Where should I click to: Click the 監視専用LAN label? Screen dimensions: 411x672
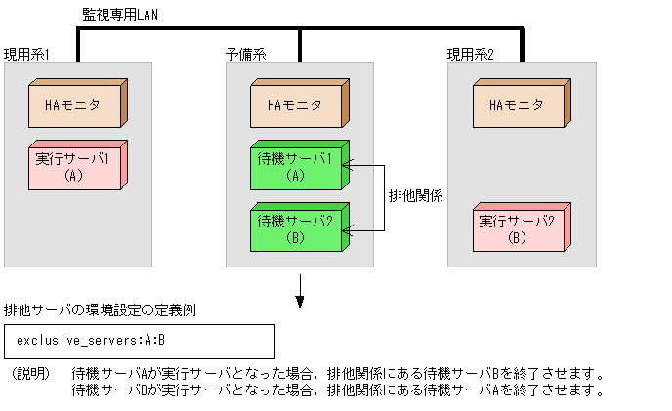pos(118,15)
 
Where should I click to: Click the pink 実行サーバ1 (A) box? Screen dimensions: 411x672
pos(77,165)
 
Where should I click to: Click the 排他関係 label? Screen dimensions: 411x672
pos(415,195)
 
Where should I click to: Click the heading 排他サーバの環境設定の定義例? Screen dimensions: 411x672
pos(101,311)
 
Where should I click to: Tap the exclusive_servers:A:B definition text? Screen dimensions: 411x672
pos(91,341)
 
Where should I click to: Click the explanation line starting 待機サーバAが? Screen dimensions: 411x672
pos(337,374)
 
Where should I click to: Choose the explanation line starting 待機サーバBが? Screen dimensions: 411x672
pos(337,390)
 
